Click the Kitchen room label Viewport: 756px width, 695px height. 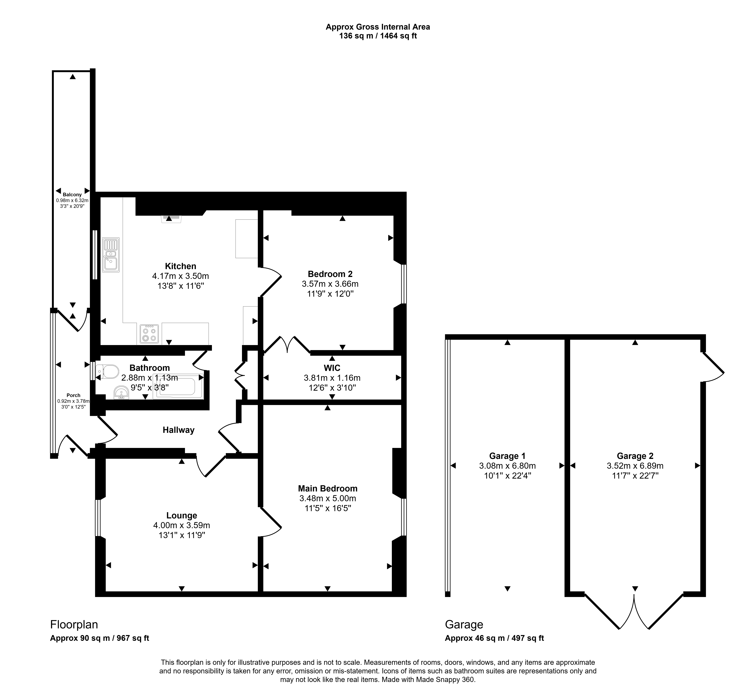[181, 266]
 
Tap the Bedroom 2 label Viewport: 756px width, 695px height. [330, 274]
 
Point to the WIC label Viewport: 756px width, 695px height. [332, 368]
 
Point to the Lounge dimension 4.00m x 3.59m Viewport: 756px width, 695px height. [182, 525]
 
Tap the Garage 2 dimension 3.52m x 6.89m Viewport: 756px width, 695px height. [635, 466]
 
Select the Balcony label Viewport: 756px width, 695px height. [72, 194]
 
